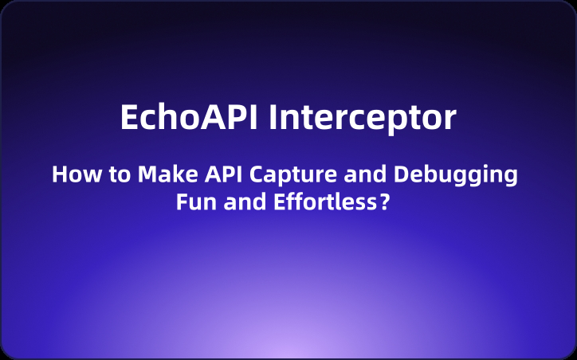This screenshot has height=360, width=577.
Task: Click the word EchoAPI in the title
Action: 189,117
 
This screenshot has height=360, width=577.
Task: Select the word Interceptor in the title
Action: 363,119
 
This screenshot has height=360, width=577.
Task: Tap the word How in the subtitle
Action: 77,174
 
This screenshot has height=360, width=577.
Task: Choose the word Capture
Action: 293,176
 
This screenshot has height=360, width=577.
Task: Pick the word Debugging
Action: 456,176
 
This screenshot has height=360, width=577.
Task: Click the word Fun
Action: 196,202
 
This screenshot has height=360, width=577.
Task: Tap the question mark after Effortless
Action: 384,202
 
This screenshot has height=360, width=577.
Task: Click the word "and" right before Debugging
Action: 365,174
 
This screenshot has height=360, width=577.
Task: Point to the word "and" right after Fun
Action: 245,202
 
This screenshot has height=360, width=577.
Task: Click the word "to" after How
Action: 120,175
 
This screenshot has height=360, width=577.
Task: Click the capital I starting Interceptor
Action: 273,117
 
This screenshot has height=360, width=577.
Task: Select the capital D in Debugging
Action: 401,174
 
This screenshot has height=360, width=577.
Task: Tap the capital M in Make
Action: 147,174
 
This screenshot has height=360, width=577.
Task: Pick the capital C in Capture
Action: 257,174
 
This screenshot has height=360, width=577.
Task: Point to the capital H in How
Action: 59,174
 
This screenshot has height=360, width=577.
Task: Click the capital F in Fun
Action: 182,202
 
